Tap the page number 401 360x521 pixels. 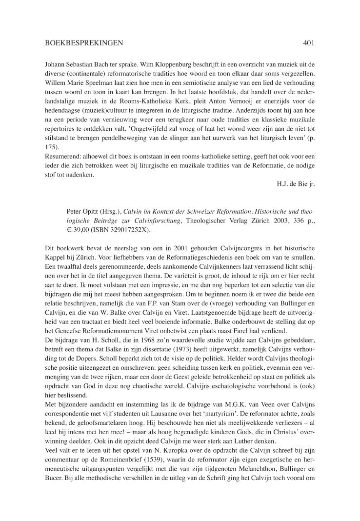[x=308, y=43]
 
